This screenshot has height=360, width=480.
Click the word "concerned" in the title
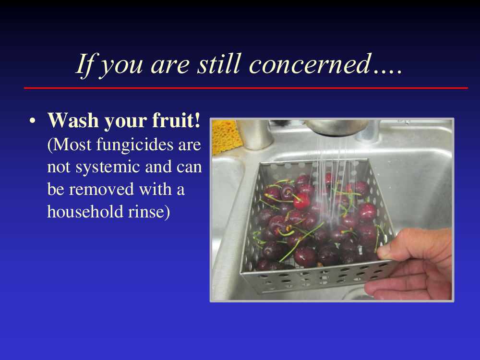pyautogui.click(x=311, y=64)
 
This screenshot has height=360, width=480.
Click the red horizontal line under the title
pyautogui.click(x=246, y=88)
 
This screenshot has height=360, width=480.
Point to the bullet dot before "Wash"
pyautogui.click(x=33, y=121)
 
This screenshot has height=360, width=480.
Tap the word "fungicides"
pyautogui.click(x=135, y=145)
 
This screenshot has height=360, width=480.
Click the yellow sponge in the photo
pyautogui.click(x=226, y=136)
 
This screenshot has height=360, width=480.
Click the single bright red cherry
pyautogui.click(x=301, y=201)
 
